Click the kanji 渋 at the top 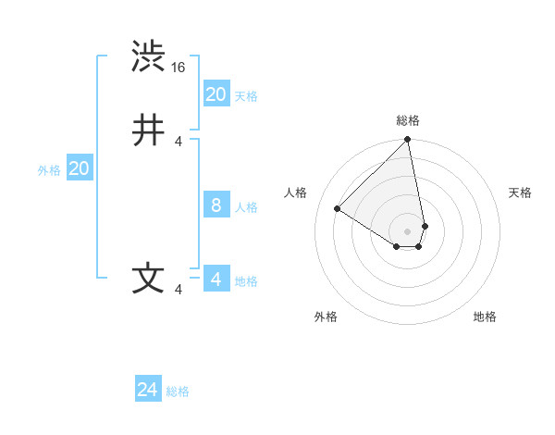pos(148,57)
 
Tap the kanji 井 pos(148,131)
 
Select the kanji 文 pos(148,279)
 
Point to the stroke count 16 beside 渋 pos(179,68)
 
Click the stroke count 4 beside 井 pos(179,142)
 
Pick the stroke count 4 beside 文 pos(179,290)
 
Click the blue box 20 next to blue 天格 pos(216,94)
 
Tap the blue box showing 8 pos(216,205)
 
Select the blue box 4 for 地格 pos(216,280)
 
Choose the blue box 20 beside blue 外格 pos(80,168)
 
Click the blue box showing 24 pos(148,390)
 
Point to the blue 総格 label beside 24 pos(178,391)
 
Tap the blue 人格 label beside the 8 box pos(247,207)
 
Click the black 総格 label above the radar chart pos(408,120)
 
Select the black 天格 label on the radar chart pos(520,193)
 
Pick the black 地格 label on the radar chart pos(485,317)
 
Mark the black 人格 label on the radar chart pos(296,193)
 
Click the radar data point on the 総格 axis pos(408,141)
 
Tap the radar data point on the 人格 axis pos(338,209)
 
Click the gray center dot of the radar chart pos(408,230)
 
